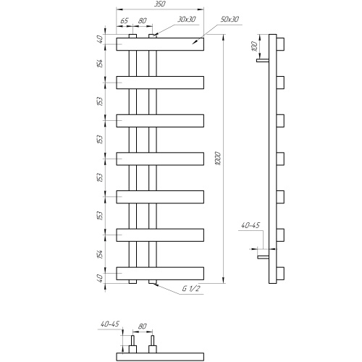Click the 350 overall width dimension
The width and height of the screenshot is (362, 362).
pyautogui.click(x=160, y=4)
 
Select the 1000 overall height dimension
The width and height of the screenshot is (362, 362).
pyautogui.click(x=218, y=159)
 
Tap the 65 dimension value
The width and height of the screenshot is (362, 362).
pyautogui.click(x=124, y=20)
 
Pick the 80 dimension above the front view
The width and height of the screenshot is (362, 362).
pyautogui.click(x=143, y=20)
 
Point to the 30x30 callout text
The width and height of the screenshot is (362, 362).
pyautogui.click(x=187, y=19)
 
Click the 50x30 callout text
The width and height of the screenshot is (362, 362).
pyautogui.click(x=230, y=19)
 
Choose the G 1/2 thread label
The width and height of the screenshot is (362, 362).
pyautogui.click(x=191, y=288)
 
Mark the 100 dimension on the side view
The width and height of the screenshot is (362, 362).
pyautogui.click(x=254, y=46)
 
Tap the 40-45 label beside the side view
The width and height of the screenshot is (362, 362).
pyautogui.click(x=251, y=225)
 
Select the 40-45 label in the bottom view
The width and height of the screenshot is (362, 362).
pyautogui.click(x=110, y=324)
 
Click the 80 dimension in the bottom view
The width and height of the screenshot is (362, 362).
pyautogui.click(x=143, y=327)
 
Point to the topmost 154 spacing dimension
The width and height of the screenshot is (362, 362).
pyautogui.click(x=100, y=63)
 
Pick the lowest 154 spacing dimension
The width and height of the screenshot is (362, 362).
pyautogui.click(x=100, y=254)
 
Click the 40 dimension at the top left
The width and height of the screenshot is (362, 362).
pyautogui.click(x=100, y=39)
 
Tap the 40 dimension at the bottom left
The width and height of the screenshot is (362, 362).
pyautogui.click(x=100, y=278)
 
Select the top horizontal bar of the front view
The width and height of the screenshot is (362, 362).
pyautogui.click(x=160, y=44)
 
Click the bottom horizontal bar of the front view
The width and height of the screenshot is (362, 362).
pyautogui.click(x=160, y=273)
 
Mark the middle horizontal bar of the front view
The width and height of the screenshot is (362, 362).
pyautogui.click(x=160, y=159)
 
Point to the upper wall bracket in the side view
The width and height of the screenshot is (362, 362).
pyautogui.click(x=263, y=60)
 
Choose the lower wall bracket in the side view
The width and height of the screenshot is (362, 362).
pyautogui.click(x=263, y=257)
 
